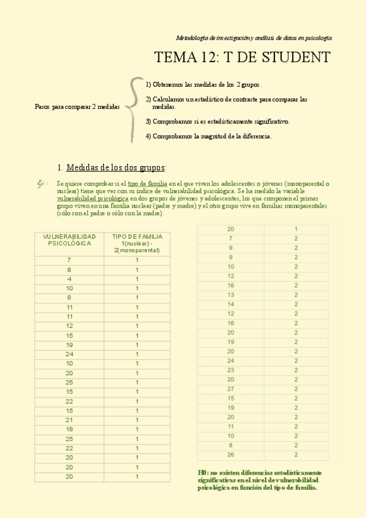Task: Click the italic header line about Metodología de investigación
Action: click(x=254, y=37)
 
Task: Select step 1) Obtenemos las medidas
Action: click(x=204, y=84)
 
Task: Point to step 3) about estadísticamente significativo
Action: click(x=218, y=121)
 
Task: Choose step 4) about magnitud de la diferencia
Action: click(x=208, y=136)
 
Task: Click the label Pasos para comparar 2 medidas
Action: click(x=77, y=106)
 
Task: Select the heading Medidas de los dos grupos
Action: click(x=115, y=167)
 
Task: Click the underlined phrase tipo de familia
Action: click(x=147, y=183)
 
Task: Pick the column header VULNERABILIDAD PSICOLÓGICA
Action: click(x=69, y=239)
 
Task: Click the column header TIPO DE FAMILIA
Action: click(x=137, y=243)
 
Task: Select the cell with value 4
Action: click(x=69, y=279)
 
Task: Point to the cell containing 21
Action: click(x=69, y=420)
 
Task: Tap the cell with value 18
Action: click(x=69, y=429)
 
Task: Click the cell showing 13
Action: click(x=230, y=295)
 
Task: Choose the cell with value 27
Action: click(x=230, y=389)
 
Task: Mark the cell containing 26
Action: click(x=230, y=455)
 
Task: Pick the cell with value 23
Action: click(x=230, y=370)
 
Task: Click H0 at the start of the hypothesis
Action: click(x=203, y=473)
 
